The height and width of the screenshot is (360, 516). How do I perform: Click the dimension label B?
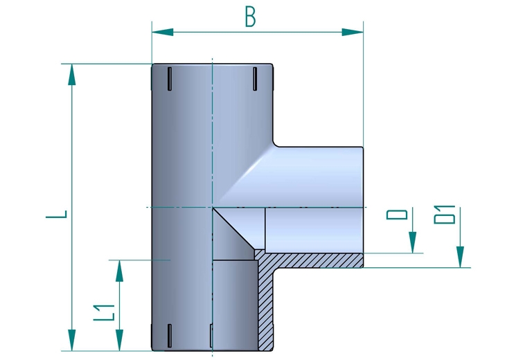pos(250,16)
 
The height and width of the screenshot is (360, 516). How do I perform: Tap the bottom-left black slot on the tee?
pos(168,335)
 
